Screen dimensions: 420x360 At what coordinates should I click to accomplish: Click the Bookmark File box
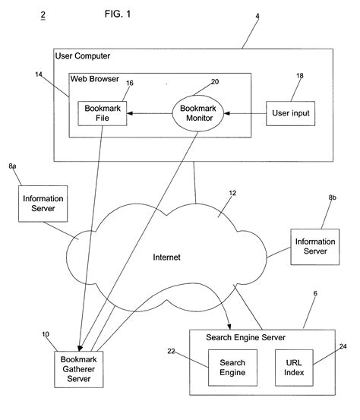pos(102,114)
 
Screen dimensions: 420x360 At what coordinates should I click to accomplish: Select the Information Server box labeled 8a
pos(43,204)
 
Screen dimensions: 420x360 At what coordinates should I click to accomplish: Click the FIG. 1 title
pos(122,14)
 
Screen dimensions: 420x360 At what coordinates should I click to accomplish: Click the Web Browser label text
pos(95,77)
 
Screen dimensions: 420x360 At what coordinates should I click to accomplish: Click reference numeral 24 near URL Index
pos(343,346)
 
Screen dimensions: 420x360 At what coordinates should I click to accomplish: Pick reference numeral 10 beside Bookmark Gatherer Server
pos(45,333)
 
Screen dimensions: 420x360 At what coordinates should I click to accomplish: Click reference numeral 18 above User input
pos(300,77)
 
